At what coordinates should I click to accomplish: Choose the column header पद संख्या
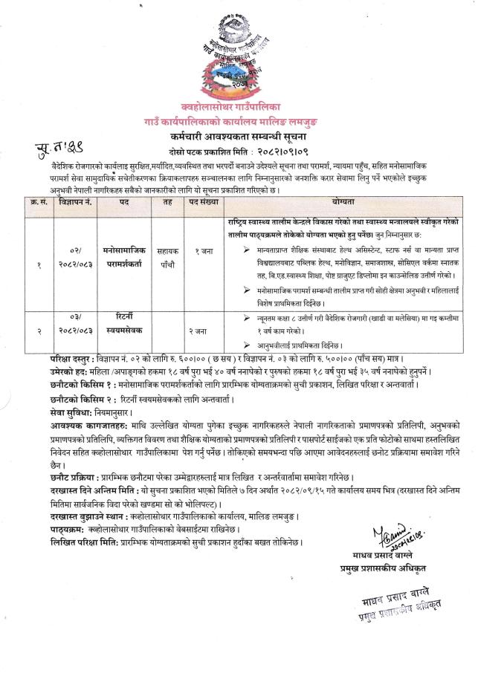(x=196, y=201)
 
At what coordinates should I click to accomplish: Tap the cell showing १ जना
(x=196, y=252)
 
